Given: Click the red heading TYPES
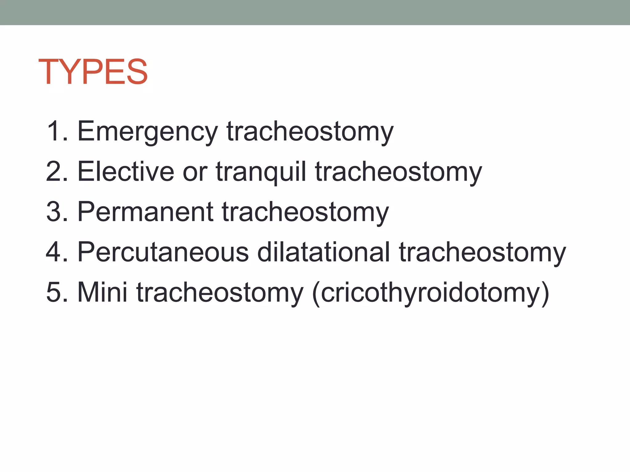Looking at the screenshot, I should [93, 72].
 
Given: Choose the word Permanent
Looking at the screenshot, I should [145, 212].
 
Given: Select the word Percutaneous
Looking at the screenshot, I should [163, 252].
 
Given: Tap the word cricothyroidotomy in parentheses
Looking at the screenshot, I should [431, 293].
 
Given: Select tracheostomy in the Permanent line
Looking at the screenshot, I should [305, 212].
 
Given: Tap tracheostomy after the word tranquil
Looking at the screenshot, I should [398, 172].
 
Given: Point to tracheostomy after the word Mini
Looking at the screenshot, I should [220, 293].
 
